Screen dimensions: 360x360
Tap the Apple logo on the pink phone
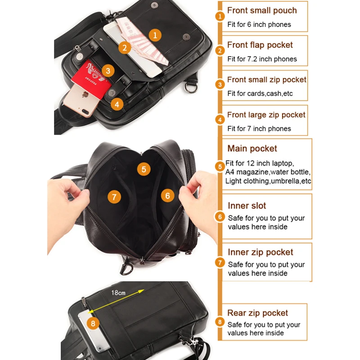pos(85,94)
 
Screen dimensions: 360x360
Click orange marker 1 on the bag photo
pos(155,35)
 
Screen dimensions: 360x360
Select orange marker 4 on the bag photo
pos(117,104)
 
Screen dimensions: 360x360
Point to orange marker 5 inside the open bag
pos(144,169)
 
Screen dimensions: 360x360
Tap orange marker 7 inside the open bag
pos(114,197)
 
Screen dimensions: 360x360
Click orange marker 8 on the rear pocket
pos(93,323)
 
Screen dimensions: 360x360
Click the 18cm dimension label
pos(118,293)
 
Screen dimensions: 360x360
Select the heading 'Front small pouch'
pos(262,10)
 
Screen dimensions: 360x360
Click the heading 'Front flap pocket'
pos(260,45)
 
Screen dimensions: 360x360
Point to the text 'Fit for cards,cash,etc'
pos(260,94)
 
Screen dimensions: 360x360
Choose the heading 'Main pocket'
pos(252,148)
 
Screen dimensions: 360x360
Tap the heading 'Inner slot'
pos(247,206)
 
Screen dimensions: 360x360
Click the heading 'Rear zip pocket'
pos(257,313)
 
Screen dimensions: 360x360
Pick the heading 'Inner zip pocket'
pos(261,252)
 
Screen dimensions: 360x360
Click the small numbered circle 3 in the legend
pos(220,85)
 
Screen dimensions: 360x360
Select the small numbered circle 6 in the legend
pos(220,217)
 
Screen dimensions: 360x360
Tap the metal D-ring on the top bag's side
pos(191,87)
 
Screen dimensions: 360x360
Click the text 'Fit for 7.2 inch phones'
pos(262,59)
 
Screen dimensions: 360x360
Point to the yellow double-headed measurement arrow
pos(116,301)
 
